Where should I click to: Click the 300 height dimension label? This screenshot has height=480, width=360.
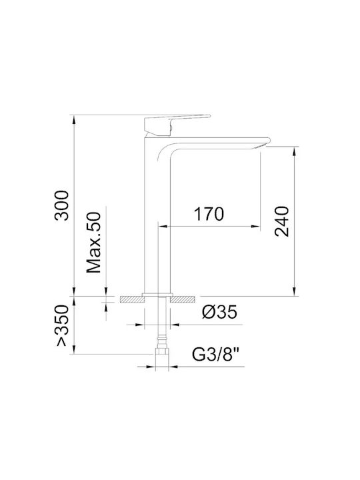coord(61,205)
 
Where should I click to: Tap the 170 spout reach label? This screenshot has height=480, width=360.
coord(209,214)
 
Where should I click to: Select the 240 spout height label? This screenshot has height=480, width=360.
coord(281,221)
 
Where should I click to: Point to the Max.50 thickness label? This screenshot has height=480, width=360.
coord(94,243)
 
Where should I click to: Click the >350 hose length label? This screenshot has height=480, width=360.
coord(62,325)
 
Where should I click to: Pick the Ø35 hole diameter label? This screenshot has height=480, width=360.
coord(219,312)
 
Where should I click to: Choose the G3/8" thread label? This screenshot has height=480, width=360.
coord(215,355)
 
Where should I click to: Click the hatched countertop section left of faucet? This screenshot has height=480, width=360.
coord(131,299)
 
